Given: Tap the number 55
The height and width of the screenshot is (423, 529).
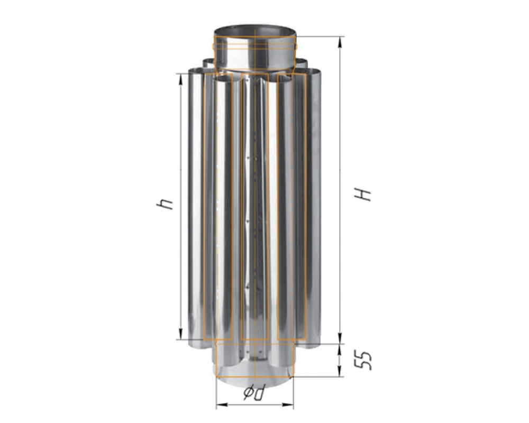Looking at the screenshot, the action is (x=363, y=361).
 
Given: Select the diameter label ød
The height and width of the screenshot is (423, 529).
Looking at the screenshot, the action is (x=254, y=392).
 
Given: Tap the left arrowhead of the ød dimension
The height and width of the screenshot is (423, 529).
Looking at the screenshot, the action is (x=222, y=404).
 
